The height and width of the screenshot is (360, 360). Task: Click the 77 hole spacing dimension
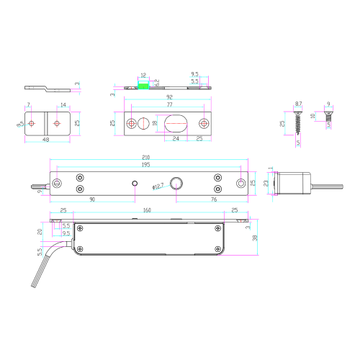tap(168, 105)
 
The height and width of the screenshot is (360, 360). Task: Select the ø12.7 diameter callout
tap(158, 188)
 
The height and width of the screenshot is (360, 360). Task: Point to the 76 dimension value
tap(215, 199)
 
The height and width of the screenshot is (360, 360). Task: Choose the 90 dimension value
tap(92, 199)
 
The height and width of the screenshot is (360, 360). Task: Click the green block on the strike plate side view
tap(144, 84)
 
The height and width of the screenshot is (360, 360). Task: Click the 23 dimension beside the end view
tap(266, 183)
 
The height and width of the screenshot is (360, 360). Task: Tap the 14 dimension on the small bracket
tap(63, 106)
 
